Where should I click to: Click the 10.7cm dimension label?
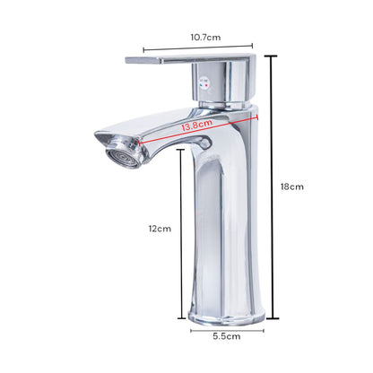point(205,38)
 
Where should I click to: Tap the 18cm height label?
point(292,186)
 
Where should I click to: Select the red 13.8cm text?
point(197,126)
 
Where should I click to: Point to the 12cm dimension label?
point(160,229)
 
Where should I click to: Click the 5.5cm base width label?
point(227,336)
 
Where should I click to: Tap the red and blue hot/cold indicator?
point(204,85)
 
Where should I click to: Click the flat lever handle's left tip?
point(126,60)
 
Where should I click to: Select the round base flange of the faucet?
point(227,316)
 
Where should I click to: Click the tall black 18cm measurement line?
point(272,187)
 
